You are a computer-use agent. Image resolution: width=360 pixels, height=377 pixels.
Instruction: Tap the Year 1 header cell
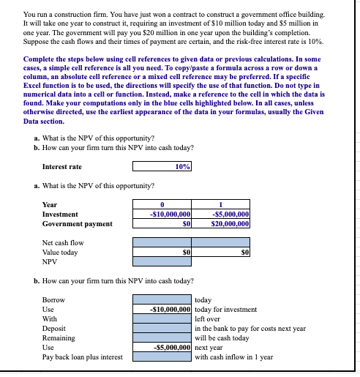[222, 205]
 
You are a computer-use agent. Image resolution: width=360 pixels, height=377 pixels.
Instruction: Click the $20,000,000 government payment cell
[222, 224]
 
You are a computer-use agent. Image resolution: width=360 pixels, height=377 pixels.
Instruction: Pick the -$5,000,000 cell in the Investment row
[222, 214]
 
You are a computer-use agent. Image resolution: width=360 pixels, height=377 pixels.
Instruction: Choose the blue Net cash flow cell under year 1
[222, 242]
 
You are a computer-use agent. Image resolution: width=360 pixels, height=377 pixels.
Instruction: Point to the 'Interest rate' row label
[62, 167]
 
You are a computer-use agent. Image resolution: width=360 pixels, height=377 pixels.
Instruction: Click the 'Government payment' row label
[78, 224]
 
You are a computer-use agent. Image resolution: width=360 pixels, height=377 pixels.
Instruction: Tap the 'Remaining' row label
[59, 338]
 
